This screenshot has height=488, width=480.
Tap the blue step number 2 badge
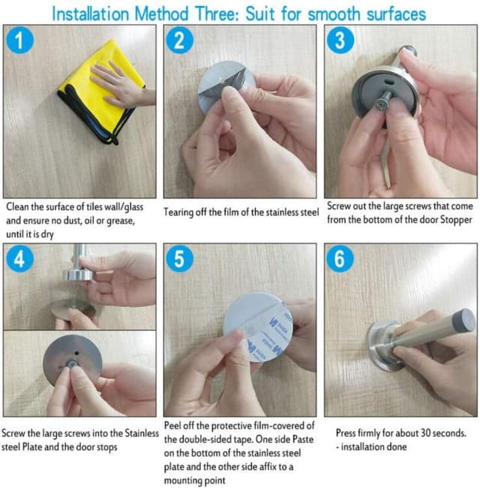(x=179, y=41)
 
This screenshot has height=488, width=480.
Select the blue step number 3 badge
(x=340, y=41)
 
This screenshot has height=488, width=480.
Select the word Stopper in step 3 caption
(x=453, y=219)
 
